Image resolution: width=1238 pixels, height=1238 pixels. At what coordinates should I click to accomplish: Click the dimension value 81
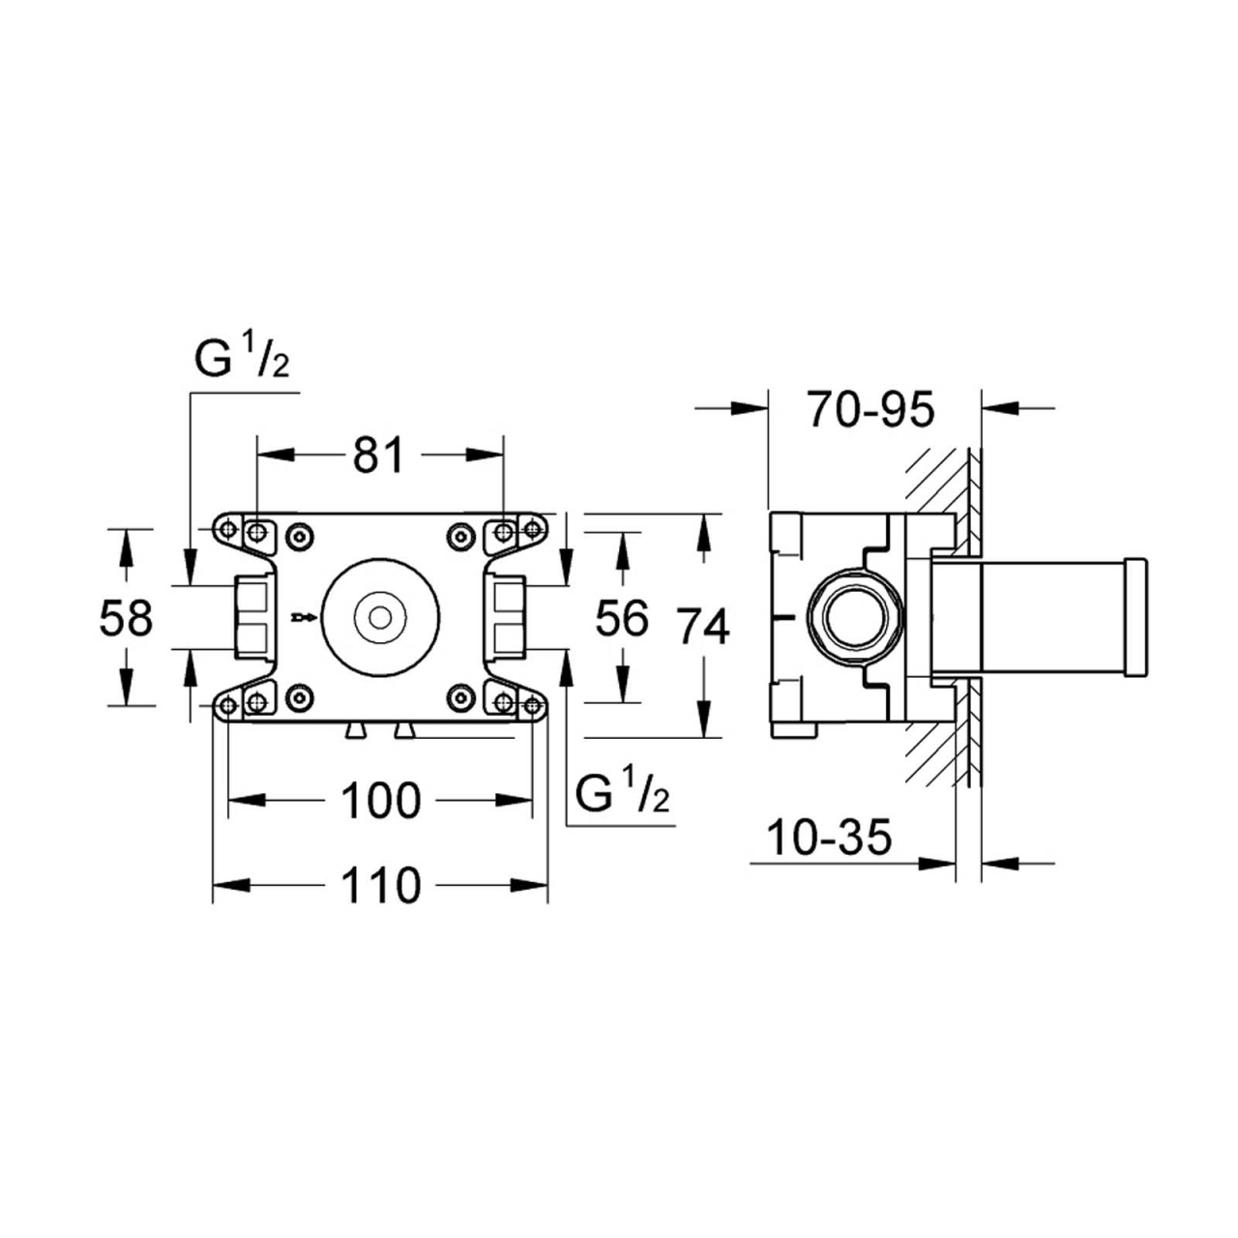377,454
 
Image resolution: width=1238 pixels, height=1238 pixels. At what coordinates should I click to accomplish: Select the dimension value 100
381,800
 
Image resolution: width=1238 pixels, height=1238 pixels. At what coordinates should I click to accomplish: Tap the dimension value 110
381,885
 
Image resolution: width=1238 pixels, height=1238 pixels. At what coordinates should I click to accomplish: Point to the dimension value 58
126,618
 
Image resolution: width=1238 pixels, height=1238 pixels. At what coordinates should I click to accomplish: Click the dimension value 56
621,618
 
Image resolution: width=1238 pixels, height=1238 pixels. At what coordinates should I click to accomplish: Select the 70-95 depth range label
871,410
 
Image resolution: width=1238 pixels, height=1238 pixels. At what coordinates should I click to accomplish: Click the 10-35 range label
828,838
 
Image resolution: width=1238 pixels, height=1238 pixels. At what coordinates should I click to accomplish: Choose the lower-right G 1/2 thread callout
622,795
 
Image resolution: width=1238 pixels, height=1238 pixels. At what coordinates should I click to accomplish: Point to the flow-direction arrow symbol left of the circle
302,616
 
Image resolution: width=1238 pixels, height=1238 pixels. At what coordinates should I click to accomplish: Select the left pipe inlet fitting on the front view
254,616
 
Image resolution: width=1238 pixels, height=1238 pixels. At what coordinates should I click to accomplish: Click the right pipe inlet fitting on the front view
506,616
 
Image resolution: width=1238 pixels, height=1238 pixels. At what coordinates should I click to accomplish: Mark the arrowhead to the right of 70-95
1000,409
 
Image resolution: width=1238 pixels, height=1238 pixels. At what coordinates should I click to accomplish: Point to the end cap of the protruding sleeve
1136,617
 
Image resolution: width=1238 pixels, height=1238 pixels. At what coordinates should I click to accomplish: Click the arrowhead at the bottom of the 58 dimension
126,688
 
